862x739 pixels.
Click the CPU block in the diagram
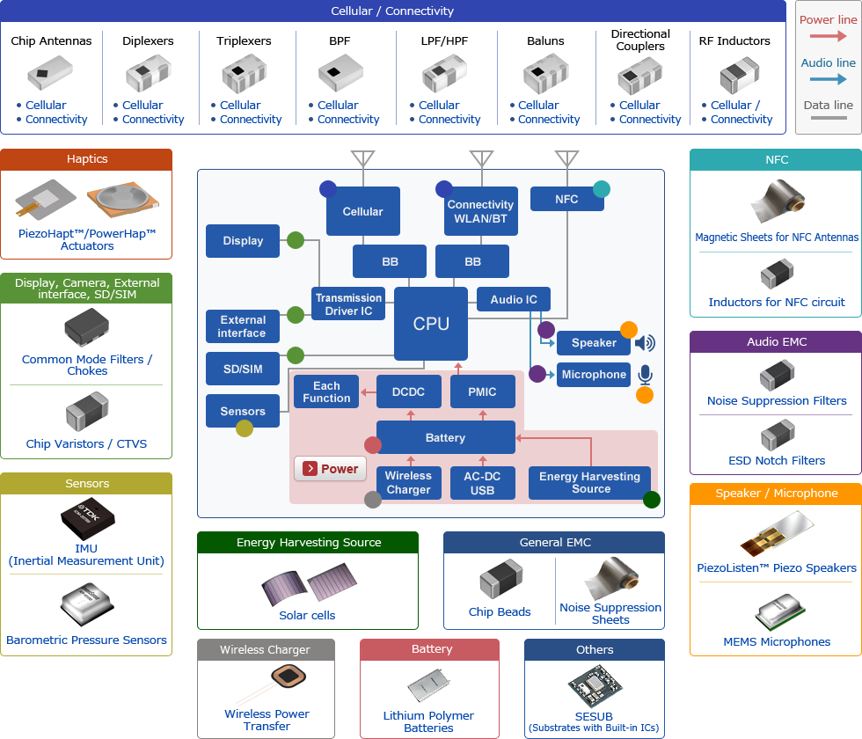point(431,324)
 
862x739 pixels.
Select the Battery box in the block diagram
point(445,437)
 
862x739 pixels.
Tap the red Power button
point(330,469)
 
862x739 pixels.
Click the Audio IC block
point(514,299)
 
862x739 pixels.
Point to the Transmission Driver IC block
point(349,304)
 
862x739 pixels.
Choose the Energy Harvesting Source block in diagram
point(589,483)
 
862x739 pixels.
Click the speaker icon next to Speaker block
point(645,343)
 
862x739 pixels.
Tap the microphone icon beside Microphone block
point(645,375)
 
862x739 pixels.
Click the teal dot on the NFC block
point(602,188)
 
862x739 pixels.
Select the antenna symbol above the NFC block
point(566,159)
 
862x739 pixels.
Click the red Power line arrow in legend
point(829,36)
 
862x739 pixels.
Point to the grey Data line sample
point(829,117)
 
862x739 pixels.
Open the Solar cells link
point(307,615)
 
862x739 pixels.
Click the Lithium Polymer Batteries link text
point(428,721)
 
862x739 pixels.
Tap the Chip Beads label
point(500,611)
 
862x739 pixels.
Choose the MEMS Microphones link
point(777,641)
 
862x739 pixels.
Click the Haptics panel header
point(86,159)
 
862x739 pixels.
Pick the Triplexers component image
point(244,74)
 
